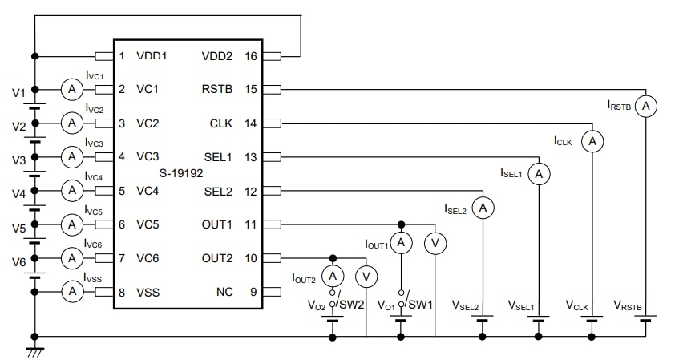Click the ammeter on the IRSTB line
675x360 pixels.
[x=645, y=106]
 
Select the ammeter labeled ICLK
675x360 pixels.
[x=592, y=141]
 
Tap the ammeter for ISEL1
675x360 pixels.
[x=540, y=173]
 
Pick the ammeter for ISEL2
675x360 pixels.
[x=483, y=208]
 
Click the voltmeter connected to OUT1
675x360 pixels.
[x=435, y=243]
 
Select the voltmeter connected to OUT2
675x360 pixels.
[x=366, y=276]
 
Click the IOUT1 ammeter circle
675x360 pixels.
[x=401, y=243]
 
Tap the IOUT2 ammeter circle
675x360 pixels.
[x=333, y=276]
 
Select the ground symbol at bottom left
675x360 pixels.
[x=34, y=350]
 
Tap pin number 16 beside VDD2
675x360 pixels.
[x=251, y=56]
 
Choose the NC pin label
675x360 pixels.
[x=224, y=292]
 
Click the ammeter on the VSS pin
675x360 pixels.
[x=72, y=292]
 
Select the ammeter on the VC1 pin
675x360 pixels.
[x=72, y=89]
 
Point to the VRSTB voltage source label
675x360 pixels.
[x=627, y=305]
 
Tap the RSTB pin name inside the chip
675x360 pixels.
[x=218, y=89]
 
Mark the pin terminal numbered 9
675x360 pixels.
[x=272, y=292]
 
